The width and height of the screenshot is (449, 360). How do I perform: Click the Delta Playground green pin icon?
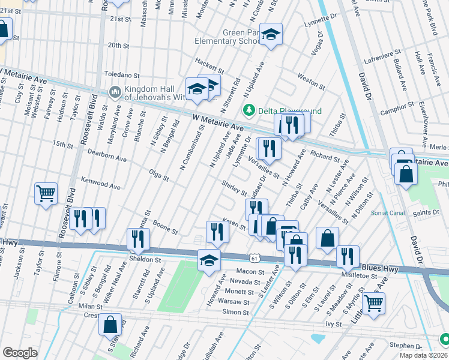tap(247, 110)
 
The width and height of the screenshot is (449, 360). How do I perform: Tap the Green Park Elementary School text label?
tap(226, 37)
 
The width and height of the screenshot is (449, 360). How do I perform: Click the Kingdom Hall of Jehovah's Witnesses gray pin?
tap(115, 92)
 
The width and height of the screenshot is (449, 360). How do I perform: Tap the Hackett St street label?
tap(209, 66)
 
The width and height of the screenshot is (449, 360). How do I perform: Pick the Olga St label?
tap(158, 174)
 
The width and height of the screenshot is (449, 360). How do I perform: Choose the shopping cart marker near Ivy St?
tap(373, 304)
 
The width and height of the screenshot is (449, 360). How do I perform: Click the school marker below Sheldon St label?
tap(208, 260)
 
